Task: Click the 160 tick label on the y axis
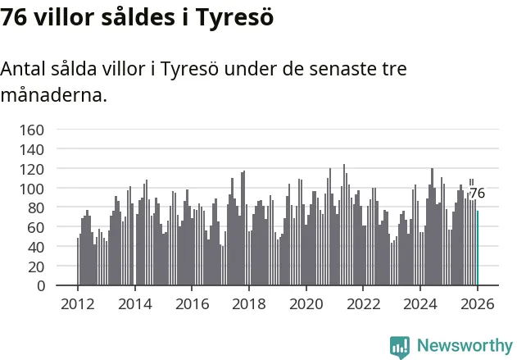point(31,130)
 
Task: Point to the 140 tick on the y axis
point(31,149)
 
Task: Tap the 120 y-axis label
point(31,169)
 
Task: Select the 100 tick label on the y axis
point(31,188)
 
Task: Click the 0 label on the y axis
point(39,285)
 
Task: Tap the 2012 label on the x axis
point(77,303)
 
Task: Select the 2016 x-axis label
point(192,303)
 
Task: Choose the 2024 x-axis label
point(420,303)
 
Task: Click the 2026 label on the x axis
point(478,303)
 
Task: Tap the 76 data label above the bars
point(477,194)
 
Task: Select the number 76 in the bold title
point(15,18)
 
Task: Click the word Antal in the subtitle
point(24,69)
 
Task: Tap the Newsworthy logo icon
point(400,346)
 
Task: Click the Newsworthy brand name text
point(465,346)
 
